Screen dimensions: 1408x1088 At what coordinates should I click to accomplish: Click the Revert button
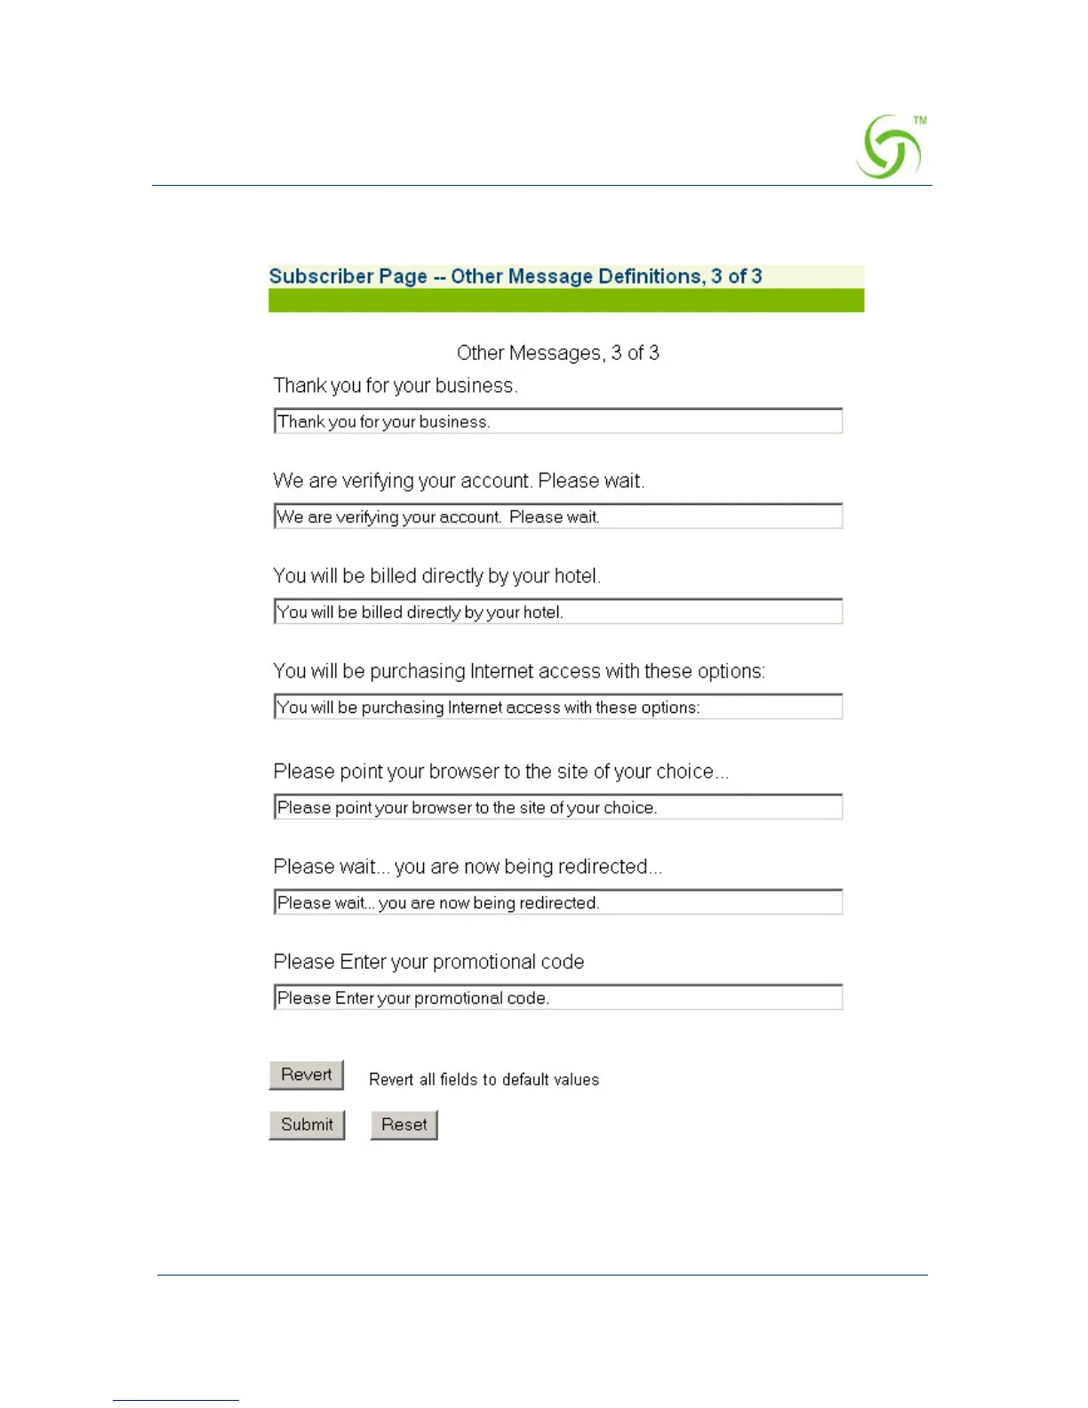[x=306, y=1075]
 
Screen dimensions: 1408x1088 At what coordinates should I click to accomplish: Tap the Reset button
[x=404, y=1124]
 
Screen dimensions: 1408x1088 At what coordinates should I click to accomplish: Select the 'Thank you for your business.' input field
[x=558, y=421]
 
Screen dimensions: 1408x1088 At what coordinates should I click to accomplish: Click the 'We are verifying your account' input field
[x=558, y=516]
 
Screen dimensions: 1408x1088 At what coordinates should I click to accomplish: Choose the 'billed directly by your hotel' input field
[x=558, y=612]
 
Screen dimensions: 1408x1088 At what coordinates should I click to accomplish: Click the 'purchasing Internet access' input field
[x=558, y=707]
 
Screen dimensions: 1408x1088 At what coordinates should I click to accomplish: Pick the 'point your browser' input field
[x=558, y=807]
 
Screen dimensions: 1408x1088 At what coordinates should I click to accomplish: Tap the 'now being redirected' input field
[x=558, y=902]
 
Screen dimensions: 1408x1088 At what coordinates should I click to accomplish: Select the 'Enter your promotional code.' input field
[x=558, y=997]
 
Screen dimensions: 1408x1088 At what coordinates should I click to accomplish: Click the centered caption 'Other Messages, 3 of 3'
[x=557, y=353]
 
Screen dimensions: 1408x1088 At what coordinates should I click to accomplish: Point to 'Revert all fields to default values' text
[x=484, y=1079]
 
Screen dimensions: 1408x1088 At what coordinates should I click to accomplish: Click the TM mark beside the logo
[x=920, y=120]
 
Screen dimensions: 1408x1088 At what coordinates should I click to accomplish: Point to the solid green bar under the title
[x=566, y=300]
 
